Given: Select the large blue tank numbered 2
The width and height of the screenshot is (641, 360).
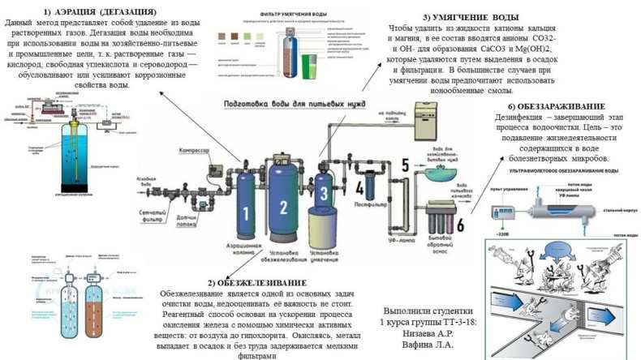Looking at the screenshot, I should click(283, 208).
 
